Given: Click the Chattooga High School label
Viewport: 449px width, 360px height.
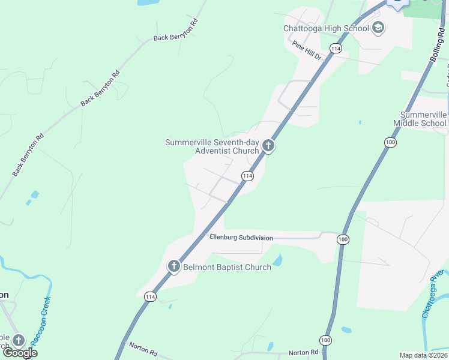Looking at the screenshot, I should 326,28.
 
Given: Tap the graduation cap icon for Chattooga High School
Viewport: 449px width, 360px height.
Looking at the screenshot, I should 378,27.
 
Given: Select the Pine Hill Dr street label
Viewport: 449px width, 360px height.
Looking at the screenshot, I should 307,49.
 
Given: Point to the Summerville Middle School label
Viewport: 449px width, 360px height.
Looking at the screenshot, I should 423,119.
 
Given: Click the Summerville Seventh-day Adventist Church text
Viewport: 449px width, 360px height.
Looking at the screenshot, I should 212,146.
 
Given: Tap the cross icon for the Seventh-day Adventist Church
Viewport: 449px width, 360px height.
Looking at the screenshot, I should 268,146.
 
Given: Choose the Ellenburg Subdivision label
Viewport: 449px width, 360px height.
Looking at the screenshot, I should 241,238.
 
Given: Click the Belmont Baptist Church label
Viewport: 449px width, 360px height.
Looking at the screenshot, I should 227,267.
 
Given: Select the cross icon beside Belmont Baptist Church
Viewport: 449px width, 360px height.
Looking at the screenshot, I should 174,266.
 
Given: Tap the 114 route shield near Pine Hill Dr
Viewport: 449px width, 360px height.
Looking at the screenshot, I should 336,48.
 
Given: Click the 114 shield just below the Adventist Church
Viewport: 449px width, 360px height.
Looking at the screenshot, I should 247,176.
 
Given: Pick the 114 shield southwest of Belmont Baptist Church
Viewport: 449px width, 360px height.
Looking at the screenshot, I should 150,297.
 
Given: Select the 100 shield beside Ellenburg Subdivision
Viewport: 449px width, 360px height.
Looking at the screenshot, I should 343,239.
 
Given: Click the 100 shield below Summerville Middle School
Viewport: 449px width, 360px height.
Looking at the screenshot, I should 390,142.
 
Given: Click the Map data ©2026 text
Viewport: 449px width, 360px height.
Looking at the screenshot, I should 423,355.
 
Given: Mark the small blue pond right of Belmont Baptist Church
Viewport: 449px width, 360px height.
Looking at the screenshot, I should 277,260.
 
